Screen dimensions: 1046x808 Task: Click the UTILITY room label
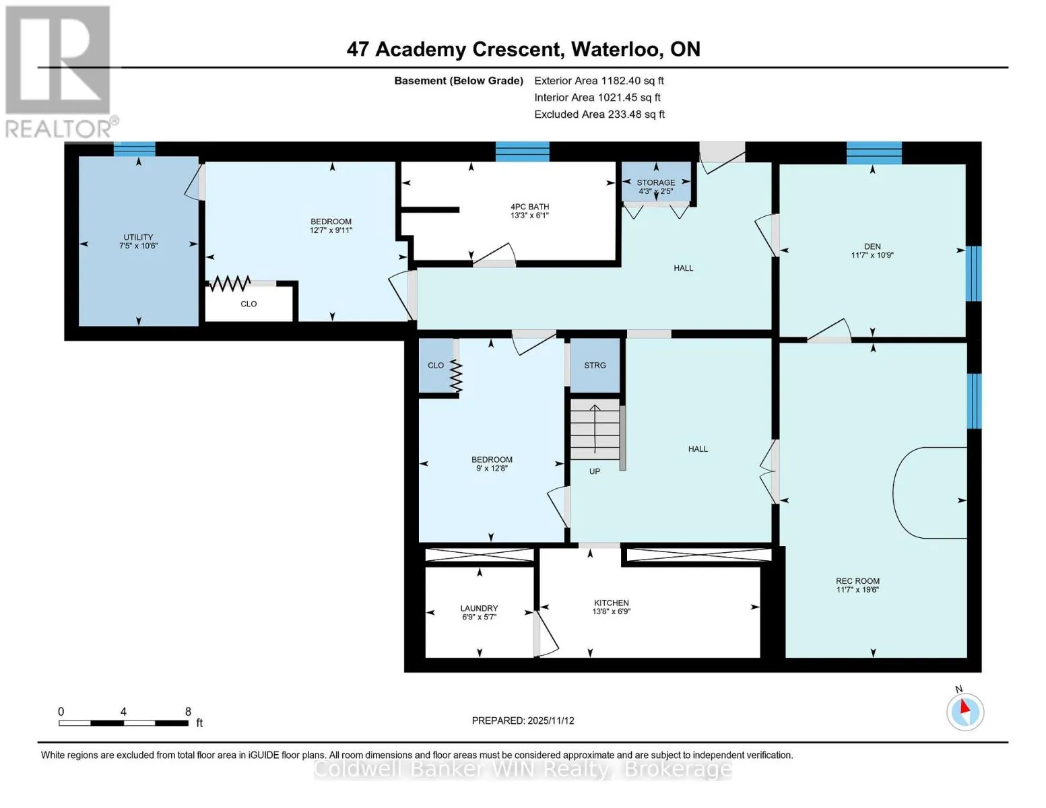(x=138, y=241)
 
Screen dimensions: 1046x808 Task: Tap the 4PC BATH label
(x=529, y=211)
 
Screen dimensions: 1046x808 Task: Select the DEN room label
(x=872, y=250)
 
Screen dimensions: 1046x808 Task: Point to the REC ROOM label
(x=857, y=584)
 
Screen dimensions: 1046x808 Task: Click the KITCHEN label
(x=612, y=607)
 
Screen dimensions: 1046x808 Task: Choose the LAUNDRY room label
(x=479, y=612)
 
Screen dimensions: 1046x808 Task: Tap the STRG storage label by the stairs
(x=595, y=365)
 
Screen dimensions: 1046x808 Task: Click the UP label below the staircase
(x=595, y=471)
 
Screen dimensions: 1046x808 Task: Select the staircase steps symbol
(x=595, y=430)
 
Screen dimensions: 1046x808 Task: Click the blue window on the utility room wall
(x=134, y=149)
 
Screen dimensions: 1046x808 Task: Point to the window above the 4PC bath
(x=522, y=151)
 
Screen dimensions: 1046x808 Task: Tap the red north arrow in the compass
(x=965, y=707)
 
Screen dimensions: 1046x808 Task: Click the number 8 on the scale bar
(x=188, y=711)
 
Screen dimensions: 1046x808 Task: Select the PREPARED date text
(x=523, y=720)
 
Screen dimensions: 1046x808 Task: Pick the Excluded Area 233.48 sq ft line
(x=599, y=114)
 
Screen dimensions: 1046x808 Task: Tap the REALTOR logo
(x=60, y=72)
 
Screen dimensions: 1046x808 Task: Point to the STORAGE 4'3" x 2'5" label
(x=655, y=187)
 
